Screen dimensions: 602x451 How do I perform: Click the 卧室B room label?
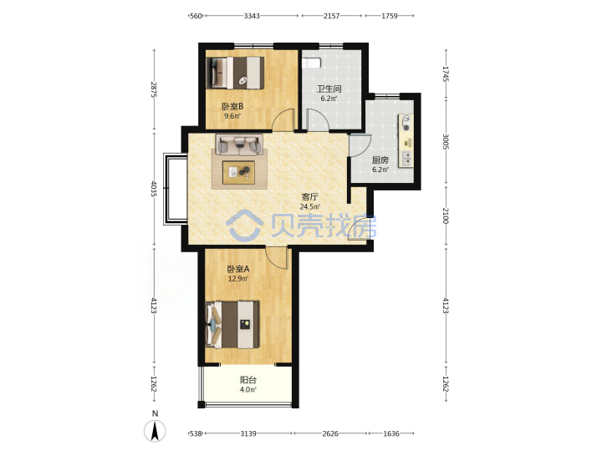(232, 106)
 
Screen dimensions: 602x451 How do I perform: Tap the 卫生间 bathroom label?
(329, 89)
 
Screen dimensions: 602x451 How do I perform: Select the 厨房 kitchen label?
(380, 160)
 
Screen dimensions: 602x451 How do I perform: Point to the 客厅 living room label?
(310, 197)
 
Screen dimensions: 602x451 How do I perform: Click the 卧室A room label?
(238, 269)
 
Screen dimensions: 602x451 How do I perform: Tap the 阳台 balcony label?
(248, 380)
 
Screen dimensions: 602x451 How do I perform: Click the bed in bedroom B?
(235, 73)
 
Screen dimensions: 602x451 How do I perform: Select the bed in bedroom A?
(232, 324)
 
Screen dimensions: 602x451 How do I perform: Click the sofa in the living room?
(239, 144)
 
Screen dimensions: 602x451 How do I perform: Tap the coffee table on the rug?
(239, 171)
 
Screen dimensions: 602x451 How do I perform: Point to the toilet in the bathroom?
(311, 63)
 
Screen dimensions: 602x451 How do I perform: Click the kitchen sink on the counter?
(406, 157)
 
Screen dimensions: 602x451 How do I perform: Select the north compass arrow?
(155, 431)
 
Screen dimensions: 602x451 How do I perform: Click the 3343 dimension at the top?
(252, 16)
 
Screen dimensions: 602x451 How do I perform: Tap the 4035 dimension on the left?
(154, 189)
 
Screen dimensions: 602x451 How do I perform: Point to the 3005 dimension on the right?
(446, 141)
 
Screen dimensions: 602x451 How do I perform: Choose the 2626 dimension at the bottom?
(330, 433)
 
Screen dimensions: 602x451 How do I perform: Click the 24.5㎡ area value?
(310, 207)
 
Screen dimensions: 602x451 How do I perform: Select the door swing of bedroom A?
(277, 258)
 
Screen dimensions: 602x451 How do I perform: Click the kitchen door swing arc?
(360, 146)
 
